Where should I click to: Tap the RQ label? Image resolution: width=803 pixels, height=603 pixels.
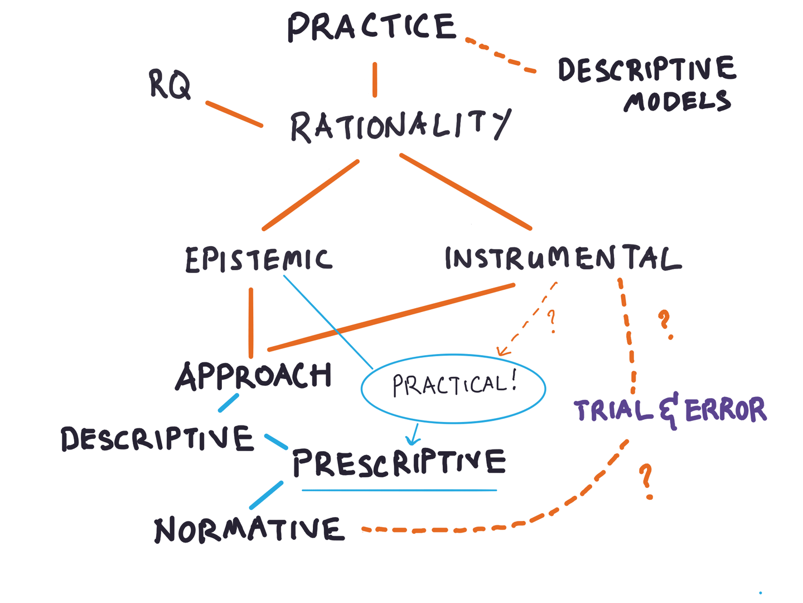tap(170, 85)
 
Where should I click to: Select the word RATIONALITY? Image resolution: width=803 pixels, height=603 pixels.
tap(399, 125)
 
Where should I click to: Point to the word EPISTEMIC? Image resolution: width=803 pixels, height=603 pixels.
tap(258, 260)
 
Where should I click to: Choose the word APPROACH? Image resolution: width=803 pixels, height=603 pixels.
tap(254, 376)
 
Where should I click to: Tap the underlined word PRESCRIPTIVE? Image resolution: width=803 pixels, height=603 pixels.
tap(399, 462)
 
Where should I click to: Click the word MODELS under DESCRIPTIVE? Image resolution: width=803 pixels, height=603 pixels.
tap(677, 102)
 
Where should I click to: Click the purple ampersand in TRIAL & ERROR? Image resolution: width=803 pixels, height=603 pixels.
tap(669, 410)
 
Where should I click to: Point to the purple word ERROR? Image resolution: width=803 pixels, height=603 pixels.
tap(725, 410)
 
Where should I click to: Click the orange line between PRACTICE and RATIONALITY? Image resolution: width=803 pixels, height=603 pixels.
tap(375, 80)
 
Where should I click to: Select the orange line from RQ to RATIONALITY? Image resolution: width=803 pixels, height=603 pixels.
tap(234, 114)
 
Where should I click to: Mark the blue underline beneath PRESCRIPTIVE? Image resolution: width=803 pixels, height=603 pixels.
tap(399, 490)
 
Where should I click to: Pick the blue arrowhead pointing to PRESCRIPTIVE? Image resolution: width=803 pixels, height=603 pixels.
tap(412, 441)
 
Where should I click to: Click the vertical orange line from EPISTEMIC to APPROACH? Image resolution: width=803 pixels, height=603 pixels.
tap(251, 323)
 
